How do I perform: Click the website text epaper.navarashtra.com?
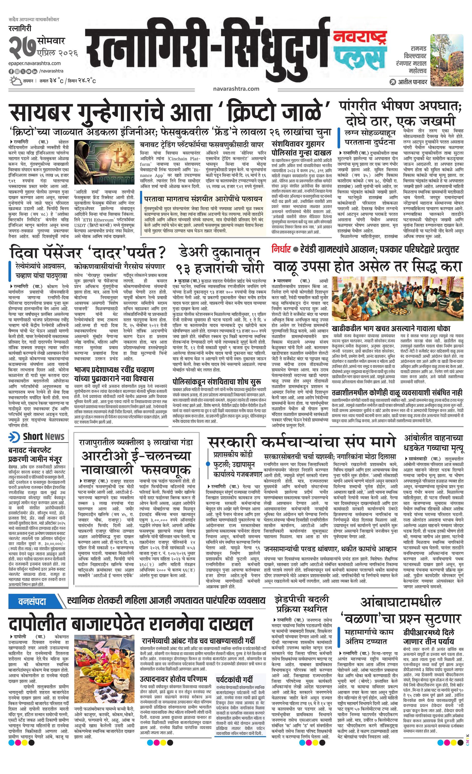35,63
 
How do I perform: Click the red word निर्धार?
281,249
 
